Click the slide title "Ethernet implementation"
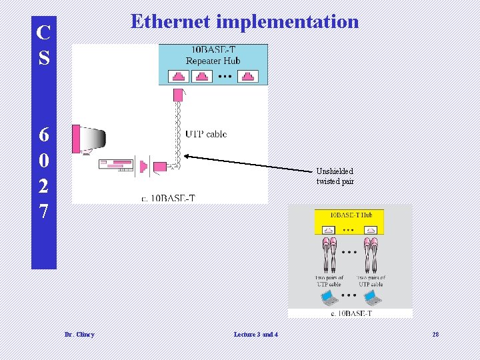(245, 21)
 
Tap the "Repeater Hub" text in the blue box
(213, 61)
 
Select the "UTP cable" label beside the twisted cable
(206, 134)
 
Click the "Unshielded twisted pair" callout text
(335, 176)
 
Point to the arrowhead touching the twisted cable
(187, 156)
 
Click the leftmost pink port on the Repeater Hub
(177, 76)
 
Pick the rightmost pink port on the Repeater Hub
(248, 76)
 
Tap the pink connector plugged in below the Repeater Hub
(177, 95)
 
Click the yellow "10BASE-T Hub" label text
(351, 215)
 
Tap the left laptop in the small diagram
(328, 297)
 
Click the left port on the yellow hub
(329, 230)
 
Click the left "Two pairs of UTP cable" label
(329, 281)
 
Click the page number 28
(435, 334)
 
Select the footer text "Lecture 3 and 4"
(256, 334)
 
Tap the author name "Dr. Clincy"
(79, 334)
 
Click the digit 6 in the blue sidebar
(43, 135)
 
